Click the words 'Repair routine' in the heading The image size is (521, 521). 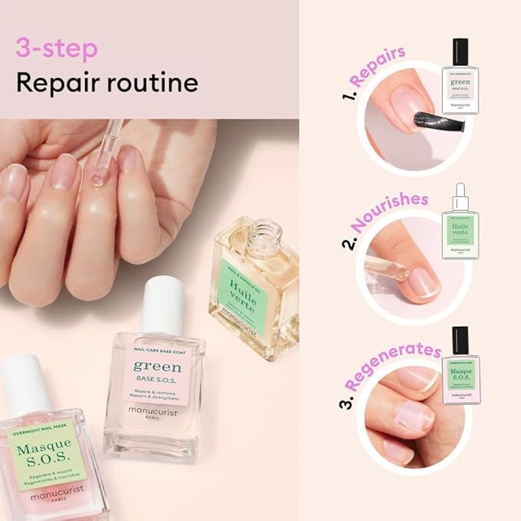[107, 82]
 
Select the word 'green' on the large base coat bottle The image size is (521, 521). [158, 366]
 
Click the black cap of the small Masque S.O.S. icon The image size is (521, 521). [460, 339]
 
